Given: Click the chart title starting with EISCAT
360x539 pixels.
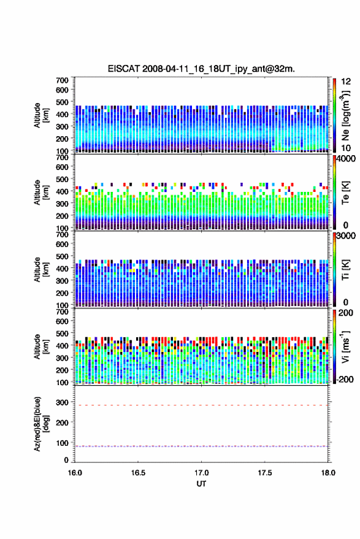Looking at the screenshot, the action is (201, 69).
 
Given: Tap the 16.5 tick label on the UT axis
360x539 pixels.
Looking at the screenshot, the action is (138, 473).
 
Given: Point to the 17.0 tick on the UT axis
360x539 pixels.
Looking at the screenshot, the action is (201, 473).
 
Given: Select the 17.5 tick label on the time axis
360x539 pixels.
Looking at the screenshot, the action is (264, 473).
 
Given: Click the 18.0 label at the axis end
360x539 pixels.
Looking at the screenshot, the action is (327, 473).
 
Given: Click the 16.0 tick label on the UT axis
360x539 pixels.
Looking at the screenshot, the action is (75, 473).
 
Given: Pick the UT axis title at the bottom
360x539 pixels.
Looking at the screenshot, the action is (201, 484).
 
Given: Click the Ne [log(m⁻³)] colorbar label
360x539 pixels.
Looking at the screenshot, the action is (345, 115).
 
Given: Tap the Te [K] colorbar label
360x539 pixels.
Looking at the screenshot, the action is (345, 193).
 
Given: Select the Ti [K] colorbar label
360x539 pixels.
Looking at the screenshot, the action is (345, 270).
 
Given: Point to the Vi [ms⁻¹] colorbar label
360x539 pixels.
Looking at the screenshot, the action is (345, 346).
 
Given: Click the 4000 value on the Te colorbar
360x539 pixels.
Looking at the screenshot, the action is (346, 159).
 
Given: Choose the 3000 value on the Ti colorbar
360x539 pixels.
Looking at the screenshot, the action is (346, 236).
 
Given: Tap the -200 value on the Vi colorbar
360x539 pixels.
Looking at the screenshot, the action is (345, 379).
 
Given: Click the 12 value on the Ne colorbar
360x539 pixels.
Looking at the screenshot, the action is (346, 82).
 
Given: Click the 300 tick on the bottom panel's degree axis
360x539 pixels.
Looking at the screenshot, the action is (62, 402).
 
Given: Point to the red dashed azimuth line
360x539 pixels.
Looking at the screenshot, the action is (201, 405).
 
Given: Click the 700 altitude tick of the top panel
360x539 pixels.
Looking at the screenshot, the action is (62, 80).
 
